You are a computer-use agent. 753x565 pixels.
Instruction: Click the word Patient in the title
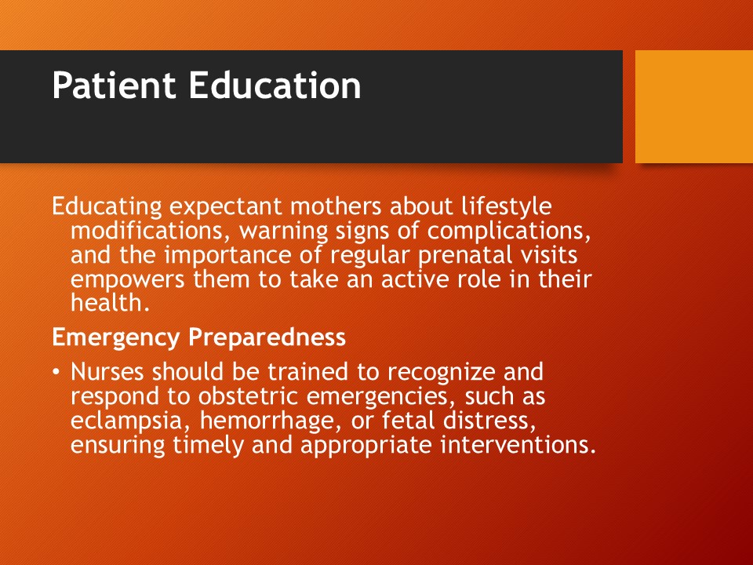click(114, 85)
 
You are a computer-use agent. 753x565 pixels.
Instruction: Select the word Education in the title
click(275, 85)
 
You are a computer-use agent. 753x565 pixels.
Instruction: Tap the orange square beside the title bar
click(694, 107)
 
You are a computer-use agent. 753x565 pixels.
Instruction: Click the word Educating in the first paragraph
click(107, 207)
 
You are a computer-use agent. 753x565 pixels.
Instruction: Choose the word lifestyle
click(507, 207)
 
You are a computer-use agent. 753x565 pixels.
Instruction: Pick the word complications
click(509, 231)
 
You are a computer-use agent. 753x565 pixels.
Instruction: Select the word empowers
click(128, 280)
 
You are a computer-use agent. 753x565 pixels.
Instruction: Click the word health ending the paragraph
click(111, 303)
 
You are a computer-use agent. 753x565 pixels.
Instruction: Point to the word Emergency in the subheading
click(116, 337)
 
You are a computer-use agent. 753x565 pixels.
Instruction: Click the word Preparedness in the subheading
click(267, 337)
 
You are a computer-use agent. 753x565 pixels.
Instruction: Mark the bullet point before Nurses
click(56, 372)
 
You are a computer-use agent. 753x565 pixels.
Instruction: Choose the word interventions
click(518, 445)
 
